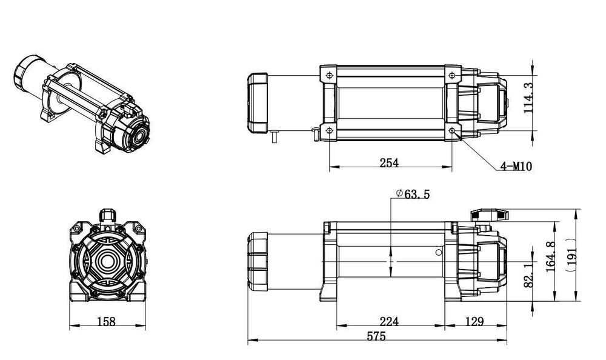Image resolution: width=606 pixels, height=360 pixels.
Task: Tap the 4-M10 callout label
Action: (516, 166)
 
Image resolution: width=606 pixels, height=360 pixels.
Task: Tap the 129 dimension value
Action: (476, 321)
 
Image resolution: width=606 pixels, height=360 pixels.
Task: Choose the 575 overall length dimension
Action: (376, 338)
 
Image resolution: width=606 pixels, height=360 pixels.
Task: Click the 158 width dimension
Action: (106, 321)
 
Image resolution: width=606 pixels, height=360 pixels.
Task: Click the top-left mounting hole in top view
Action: (328, 75)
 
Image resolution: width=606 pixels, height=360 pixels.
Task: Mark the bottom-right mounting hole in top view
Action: (453, 131)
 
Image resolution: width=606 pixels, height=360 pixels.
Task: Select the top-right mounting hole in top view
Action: (453, 75)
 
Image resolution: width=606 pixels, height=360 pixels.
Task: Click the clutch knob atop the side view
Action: (488, 215)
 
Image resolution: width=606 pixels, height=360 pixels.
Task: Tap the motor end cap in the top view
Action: (258, 102)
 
